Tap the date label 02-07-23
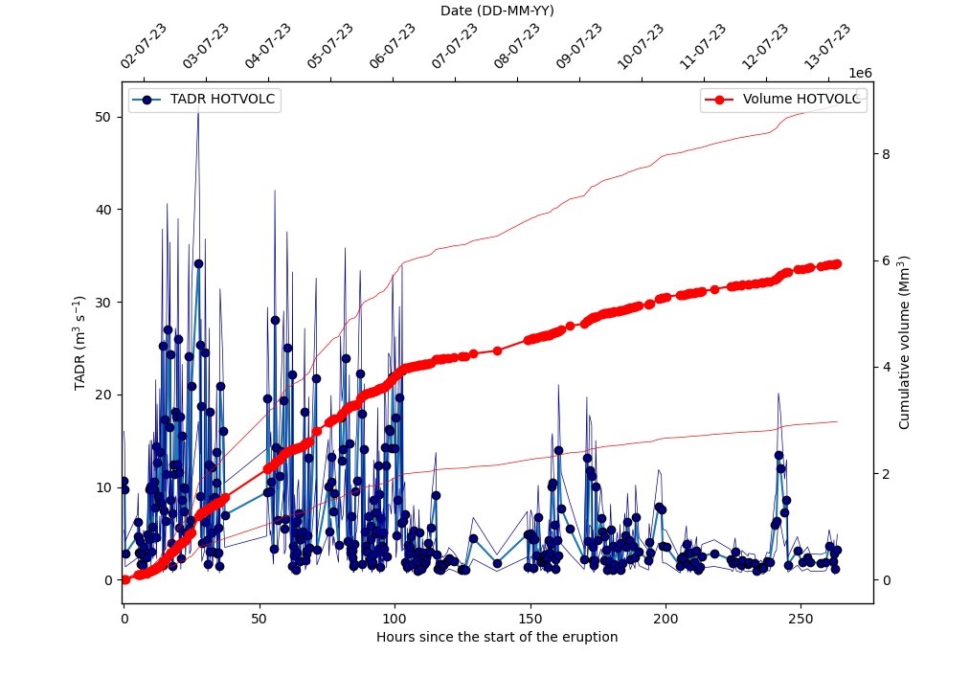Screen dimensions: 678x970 click(x=144, y=46)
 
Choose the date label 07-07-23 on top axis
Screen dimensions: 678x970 click(x=455, y=46)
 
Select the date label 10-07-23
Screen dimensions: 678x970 click(x=641, y=46)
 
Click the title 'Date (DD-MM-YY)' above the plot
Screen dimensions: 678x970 click(x=497, y=11)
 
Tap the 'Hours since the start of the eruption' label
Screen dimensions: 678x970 click(x=497, y=637)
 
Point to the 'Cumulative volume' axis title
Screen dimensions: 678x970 click(x=904, y=342)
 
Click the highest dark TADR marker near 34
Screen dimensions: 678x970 click(x=198, y=263)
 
